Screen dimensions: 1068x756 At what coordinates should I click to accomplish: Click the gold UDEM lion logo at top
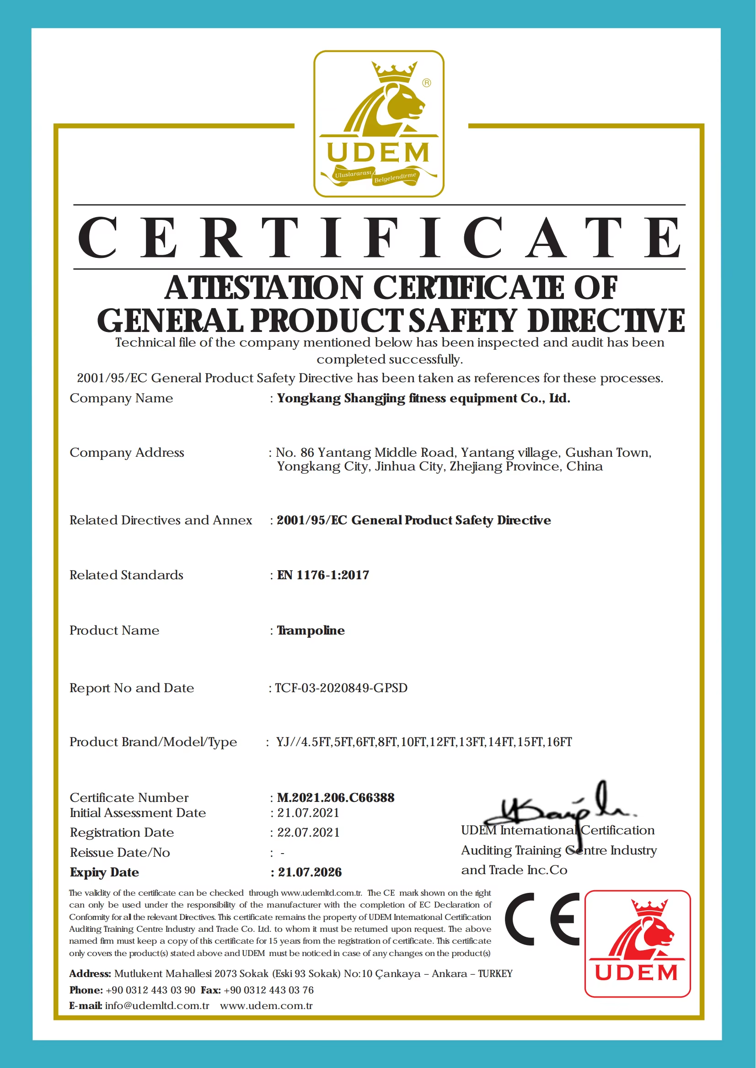pos(379,123)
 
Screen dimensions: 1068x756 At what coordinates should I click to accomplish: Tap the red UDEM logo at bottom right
pos(637,944)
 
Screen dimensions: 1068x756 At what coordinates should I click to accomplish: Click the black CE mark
pos(542,919)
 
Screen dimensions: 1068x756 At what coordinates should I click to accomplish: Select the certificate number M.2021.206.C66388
pos(336,798)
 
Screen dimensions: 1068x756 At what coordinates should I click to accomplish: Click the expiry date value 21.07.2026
pos(310,872)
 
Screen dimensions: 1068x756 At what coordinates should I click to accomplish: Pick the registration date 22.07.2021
pos(308,833)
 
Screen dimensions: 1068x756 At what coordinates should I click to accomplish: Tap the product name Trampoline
pos(311,630)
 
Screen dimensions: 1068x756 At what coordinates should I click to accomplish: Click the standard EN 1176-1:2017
pos(323,575)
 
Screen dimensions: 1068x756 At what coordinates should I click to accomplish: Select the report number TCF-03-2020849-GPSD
pos(341,688)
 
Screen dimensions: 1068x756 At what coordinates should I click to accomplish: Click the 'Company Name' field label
pos(121,398)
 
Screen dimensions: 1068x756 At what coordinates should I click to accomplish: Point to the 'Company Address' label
pos(127,453)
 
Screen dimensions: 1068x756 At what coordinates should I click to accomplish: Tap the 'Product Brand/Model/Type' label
pos(153,742)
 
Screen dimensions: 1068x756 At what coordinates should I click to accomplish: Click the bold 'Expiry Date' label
pos(104,872)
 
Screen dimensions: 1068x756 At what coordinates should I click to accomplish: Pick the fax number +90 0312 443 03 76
pos(268,990)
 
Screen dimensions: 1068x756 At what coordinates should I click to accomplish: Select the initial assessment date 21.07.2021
pos(308,813)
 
